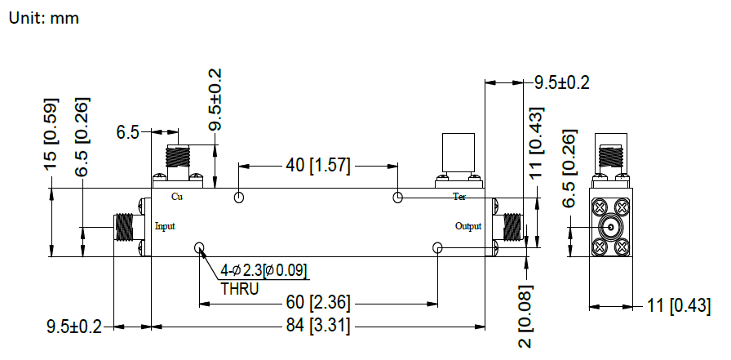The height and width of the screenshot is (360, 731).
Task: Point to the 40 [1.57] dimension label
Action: pyautogui.click(x=317, y=167)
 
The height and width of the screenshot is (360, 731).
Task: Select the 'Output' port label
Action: pyautogui.click(x=469, y=226)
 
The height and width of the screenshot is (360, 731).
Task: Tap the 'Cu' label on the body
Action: pyautogui.click(x=176, y=197)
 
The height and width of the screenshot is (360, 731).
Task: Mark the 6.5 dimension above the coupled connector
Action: pyautogui.click(x=128, y=131)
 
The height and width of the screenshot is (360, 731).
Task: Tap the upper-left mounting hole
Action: pyautogui.click(x=239, y=198)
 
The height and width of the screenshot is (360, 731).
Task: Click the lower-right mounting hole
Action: pyautogui.click(x=438, y=248)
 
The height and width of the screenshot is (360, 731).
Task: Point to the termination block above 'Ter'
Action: pyautogui.click(x=457, y=153)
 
